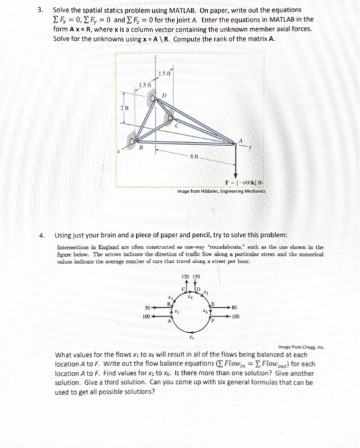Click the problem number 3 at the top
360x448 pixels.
point(40,11)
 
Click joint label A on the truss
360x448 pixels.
point(241,141)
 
